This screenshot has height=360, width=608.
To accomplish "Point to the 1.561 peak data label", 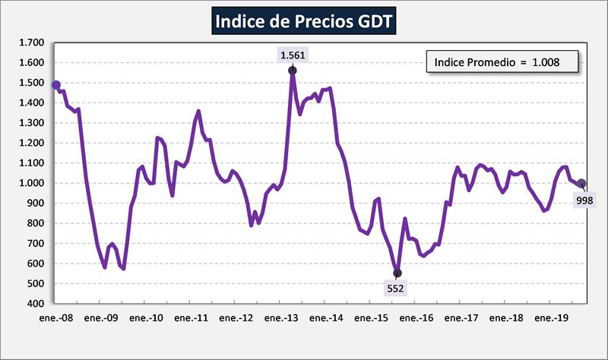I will (293, 55).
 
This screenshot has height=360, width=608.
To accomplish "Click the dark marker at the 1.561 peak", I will (293, 71).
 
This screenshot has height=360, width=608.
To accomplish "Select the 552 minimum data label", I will (397, 289).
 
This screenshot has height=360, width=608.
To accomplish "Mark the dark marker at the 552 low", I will (397, 273).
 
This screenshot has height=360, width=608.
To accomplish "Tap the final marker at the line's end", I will (581, 183).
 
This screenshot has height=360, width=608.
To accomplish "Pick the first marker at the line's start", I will (56, 85).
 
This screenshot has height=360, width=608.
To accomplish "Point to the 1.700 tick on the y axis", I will (32, 43).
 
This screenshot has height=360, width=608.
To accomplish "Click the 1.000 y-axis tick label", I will (32, 183).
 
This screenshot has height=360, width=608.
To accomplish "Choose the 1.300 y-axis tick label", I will (32, 123).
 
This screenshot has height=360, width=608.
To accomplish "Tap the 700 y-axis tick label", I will (36, 244).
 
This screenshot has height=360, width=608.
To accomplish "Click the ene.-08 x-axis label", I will (56, 318).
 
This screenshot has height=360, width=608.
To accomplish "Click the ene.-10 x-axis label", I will (145, 318).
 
